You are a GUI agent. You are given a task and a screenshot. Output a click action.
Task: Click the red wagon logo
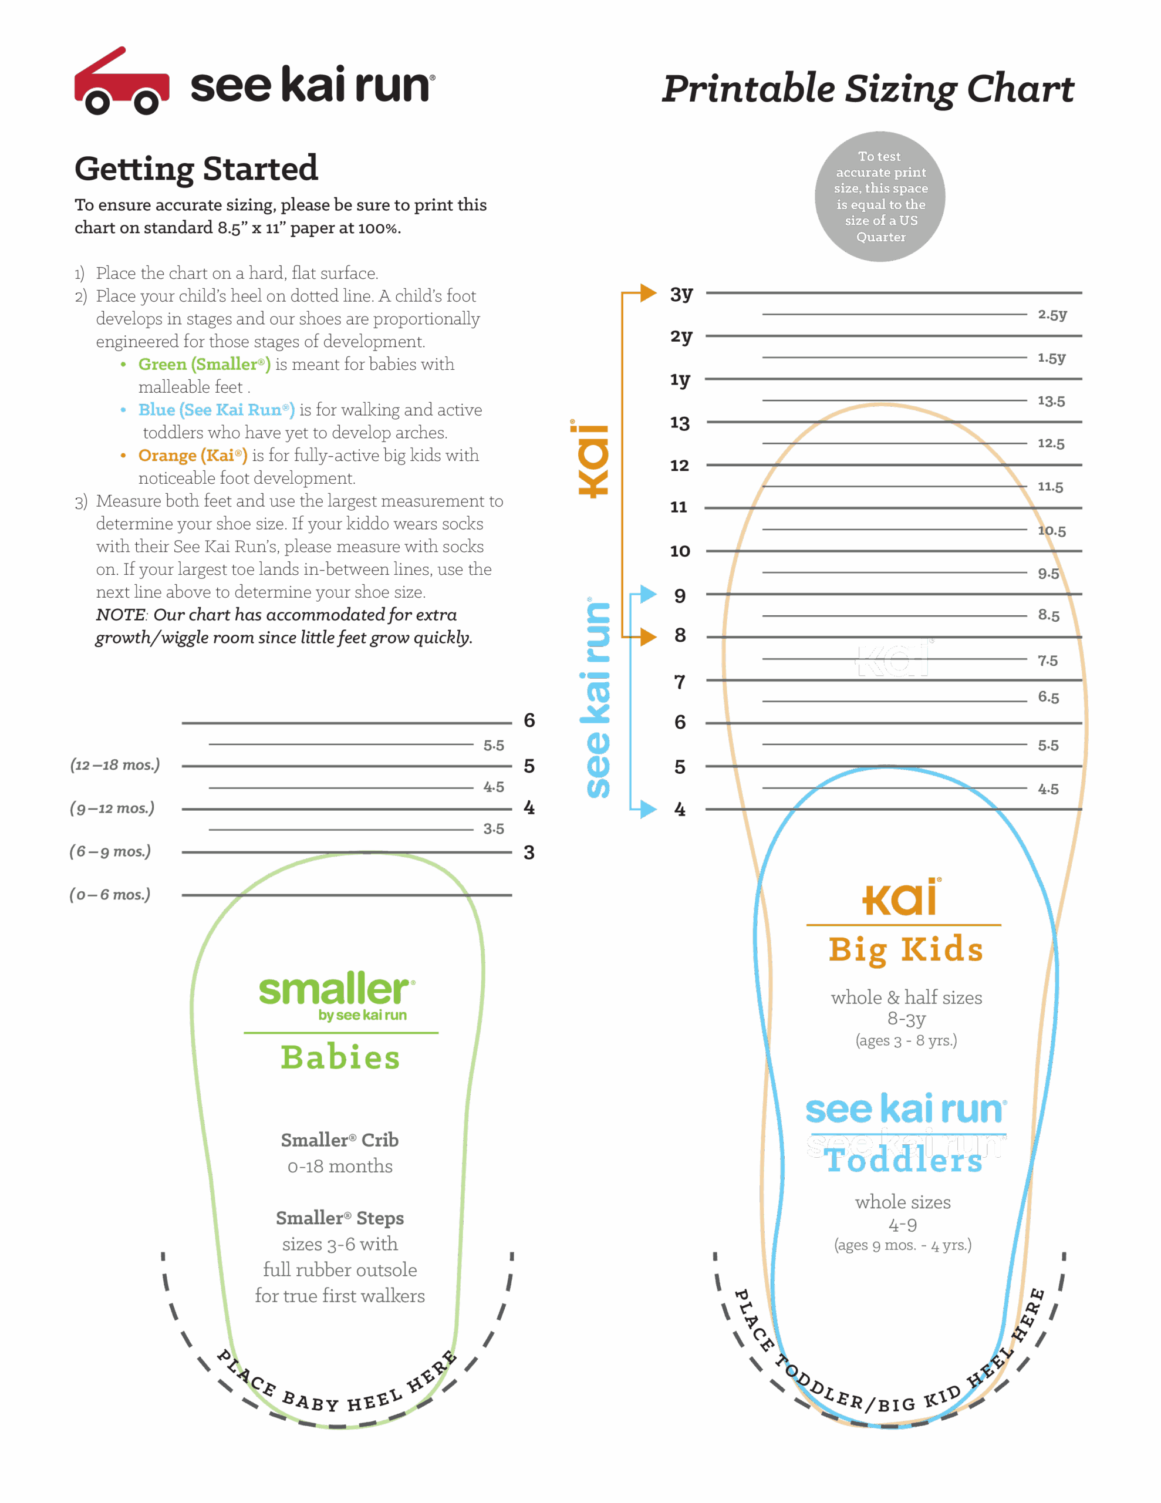coord(121,82)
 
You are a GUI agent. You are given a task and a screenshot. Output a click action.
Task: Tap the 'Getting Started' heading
coord(196,169)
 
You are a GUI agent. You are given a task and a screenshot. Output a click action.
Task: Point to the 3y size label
coord(681,294)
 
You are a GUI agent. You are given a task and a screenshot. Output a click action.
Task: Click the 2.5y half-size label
coord(1052,315)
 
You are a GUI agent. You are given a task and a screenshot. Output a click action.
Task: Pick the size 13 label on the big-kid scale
coord(680,423)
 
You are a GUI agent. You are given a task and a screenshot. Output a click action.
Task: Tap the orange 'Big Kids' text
coord(906,950)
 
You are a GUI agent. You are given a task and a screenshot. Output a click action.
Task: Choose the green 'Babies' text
coord(340,1058)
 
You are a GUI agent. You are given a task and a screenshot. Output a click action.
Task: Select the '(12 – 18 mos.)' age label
coord(115,764)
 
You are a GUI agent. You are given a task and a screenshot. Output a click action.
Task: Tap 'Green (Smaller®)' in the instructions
coord(204,364)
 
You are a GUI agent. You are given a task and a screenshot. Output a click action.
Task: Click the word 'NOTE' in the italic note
coord(120,615)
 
